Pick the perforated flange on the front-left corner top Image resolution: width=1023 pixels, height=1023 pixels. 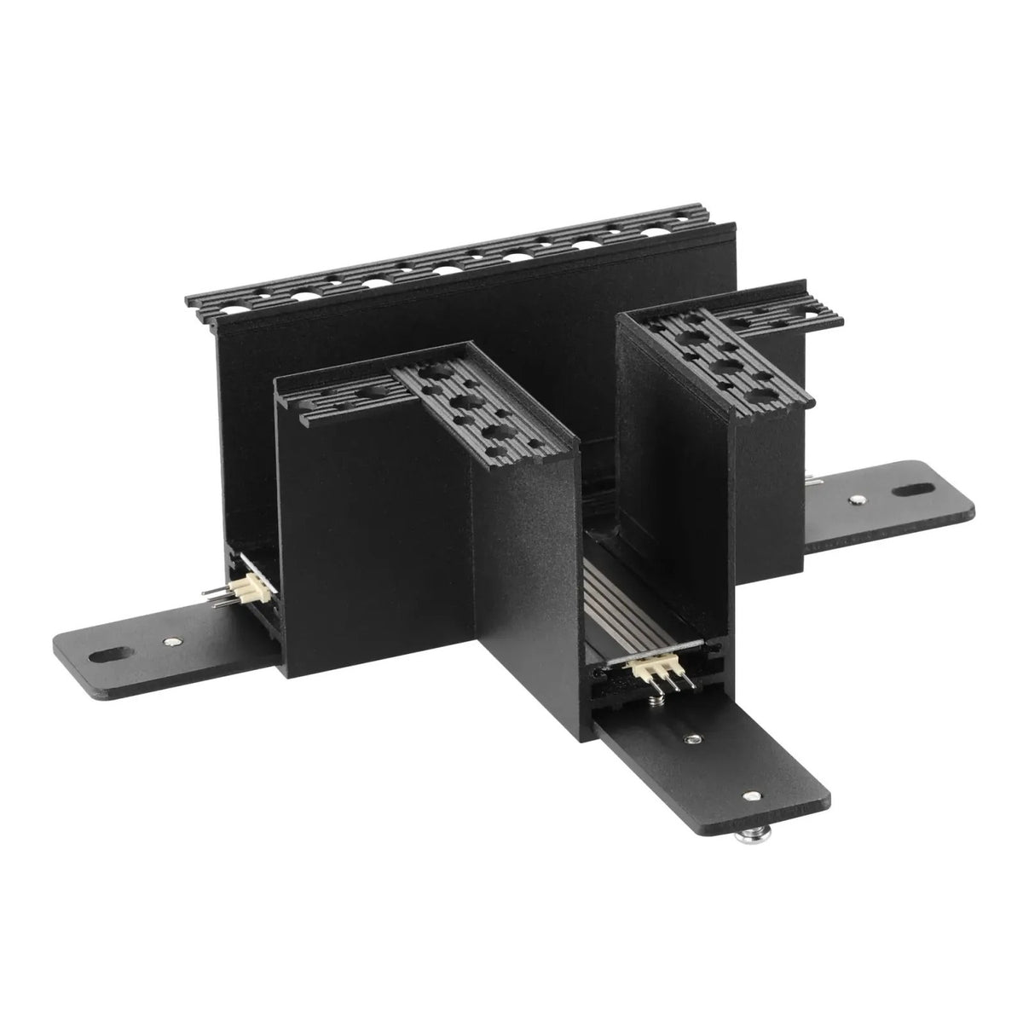point(452,401)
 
